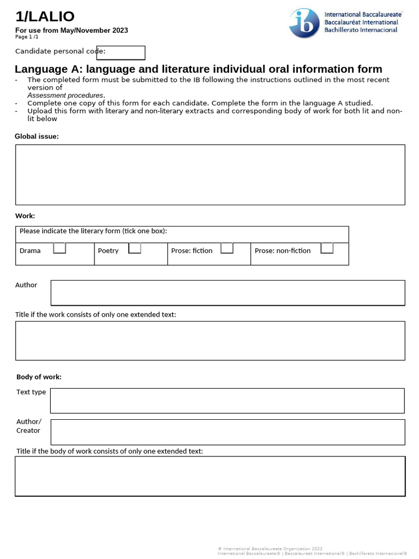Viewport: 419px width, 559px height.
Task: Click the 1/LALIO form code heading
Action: coord(45,17)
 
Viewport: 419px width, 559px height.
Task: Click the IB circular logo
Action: coord(304,23)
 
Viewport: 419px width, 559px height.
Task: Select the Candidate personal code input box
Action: coord(121,52)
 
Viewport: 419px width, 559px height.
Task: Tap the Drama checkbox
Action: coord(59,249)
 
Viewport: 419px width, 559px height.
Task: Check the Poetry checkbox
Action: coord(135,249)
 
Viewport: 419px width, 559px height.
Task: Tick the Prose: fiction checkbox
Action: coord(227,249)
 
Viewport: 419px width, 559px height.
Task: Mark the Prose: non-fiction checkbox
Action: coord(327,249)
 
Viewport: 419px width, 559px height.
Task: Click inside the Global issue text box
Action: coord(210,175)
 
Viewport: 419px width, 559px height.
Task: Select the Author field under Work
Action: coord(228,293)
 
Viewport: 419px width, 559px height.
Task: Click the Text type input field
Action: coord(227,401)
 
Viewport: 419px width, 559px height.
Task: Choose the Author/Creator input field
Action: coord(228,432)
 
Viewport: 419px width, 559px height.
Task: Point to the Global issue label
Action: coord(37,136)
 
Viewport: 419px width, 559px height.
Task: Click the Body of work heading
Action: coord(39,377)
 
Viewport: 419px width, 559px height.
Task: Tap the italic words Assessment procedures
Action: coord(65,96)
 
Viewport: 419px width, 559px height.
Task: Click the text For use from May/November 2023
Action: coord(71,31)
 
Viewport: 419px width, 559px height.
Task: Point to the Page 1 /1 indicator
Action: coord(27,37)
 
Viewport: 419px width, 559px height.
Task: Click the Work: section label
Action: coord(25,216)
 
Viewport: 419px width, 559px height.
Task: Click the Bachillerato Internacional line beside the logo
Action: coord(361,30)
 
